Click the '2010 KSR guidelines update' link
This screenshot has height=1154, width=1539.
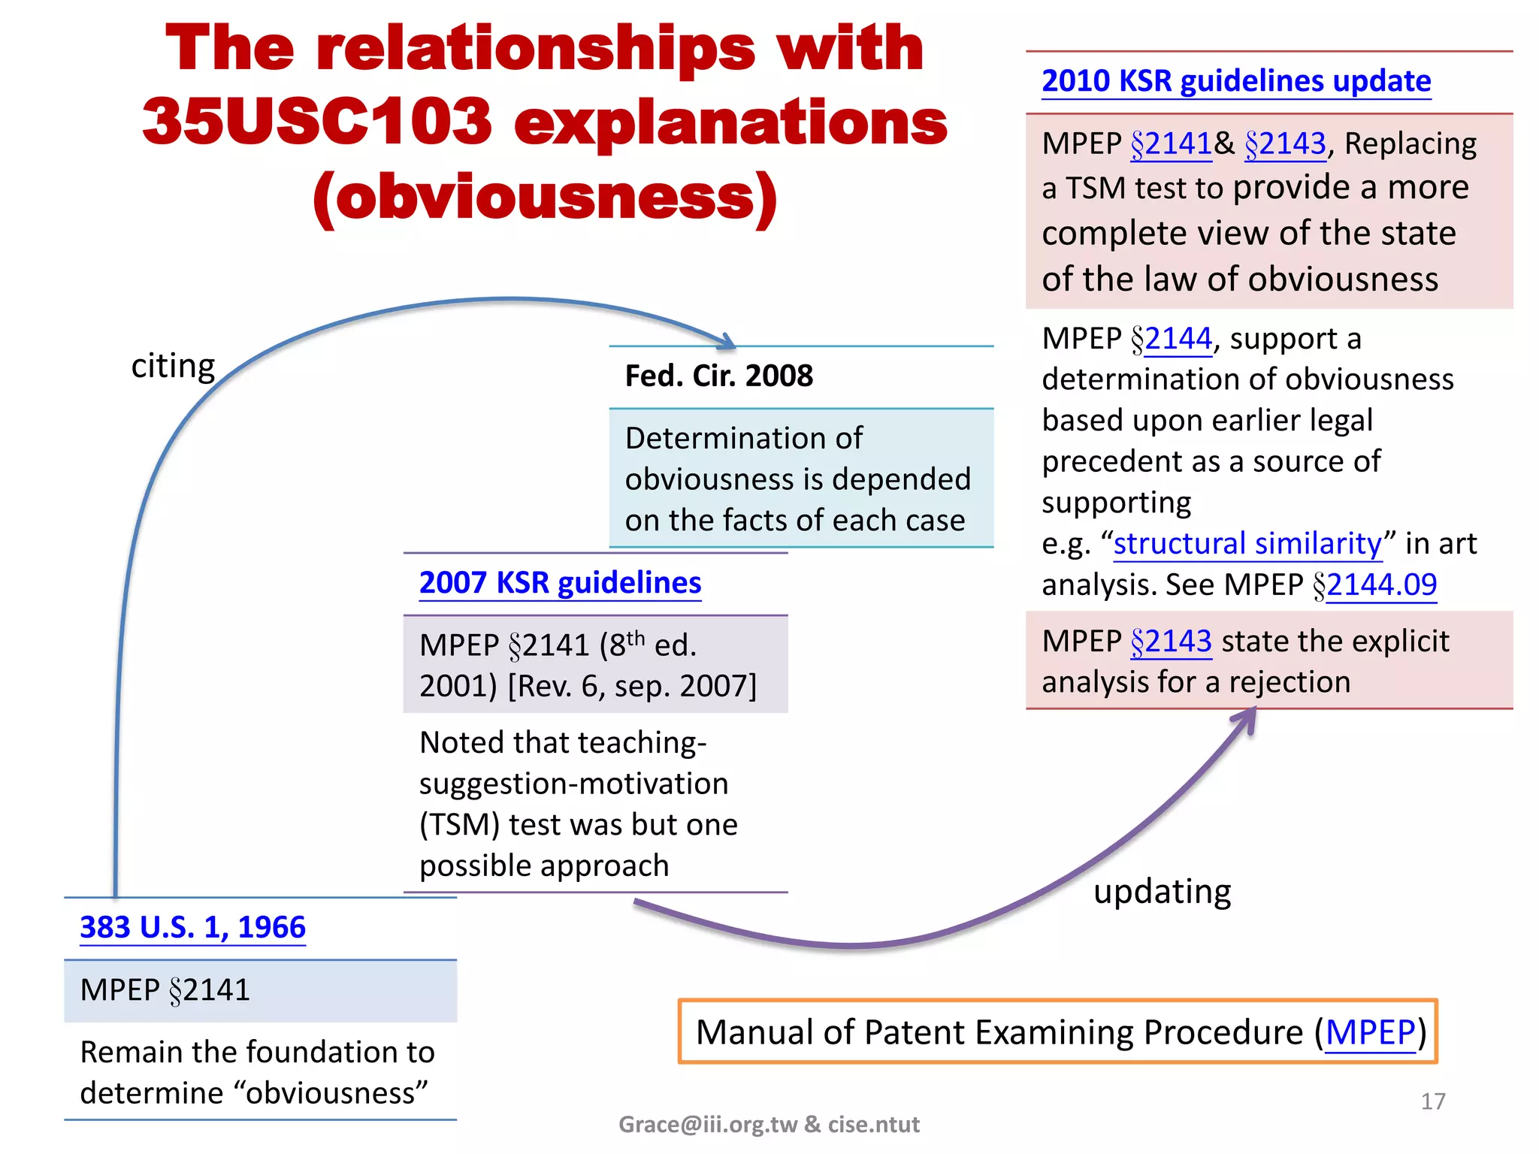coord(1235,81)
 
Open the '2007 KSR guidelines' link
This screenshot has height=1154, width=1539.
coord(560,583)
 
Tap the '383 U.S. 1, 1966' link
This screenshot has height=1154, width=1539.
coord(192,927)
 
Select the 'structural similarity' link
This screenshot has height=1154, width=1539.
coord(1247,543)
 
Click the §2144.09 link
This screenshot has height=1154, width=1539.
coord(1381,585)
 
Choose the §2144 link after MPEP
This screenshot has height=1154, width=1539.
coord(1178,339)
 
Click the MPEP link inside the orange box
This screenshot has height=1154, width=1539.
coord(1369,1032)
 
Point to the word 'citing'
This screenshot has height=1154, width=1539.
coord(173,366)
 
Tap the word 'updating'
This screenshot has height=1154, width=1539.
coord(1162,892)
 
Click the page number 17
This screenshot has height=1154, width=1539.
coord(1432,1101)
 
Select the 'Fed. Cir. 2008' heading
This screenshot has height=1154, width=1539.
coord(718,376)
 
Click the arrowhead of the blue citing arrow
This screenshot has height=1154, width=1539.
coord(727,342)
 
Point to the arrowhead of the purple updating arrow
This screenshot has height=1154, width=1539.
coord(1246,717)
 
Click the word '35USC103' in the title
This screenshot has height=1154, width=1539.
coord(316,122)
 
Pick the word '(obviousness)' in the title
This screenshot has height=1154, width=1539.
coord(545,197)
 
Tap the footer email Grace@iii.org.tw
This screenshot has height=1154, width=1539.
coord(707,1124)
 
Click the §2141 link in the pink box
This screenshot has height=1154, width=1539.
coord(1171,143)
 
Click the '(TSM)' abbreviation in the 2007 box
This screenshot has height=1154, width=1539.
coord(459,825)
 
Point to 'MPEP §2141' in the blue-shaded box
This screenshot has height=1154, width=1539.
coord(165,990)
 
